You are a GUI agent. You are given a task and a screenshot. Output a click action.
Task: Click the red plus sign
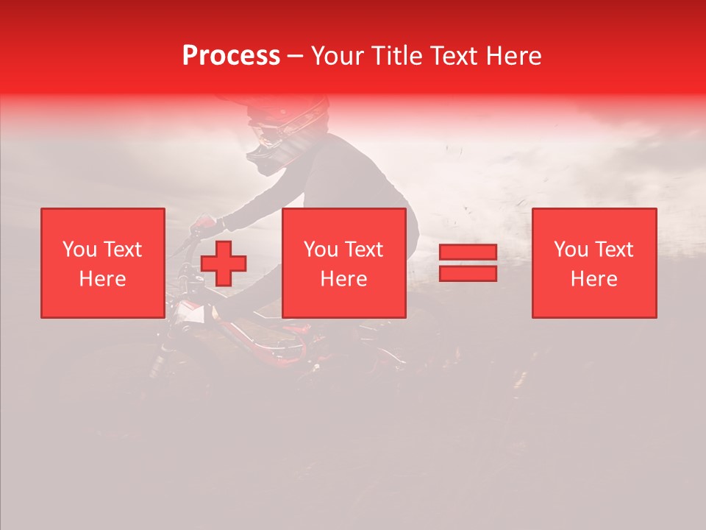(x=224, y=264)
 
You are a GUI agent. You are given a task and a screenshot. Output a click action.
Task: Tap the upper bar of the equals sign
(x=468, y=252)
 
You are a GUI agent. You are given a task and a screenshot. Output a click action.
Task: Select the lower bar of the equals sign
(x=468, y=273)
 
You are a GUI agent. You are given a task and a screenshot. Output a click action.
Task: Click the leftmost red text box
(x=102, y=263)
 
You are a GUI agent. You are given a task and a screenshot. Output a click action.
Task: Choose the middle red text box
(x=343, y=263)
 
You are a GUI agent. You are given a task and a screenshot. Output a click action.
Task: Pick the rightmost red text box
(x=593, y=263)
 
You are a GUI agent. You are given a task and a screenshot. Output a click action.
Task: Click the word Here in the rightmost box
(x=593, y=279)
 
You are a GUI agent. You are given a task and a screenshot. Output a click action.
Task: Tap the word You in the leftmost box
(x=78, y=250)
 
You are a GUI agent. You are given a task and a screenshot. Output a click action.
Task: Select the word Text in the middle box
(x=363, y=250)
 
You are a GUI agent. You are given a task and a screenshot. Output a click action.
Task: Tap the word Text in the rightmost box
(x=613, y=250)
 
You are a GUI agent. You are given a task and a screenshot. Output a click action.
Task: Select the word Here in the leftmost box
(x=102, y=279)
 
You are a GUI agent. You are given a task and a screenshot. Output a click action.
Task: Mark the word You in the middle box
(x=320, y=250)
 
